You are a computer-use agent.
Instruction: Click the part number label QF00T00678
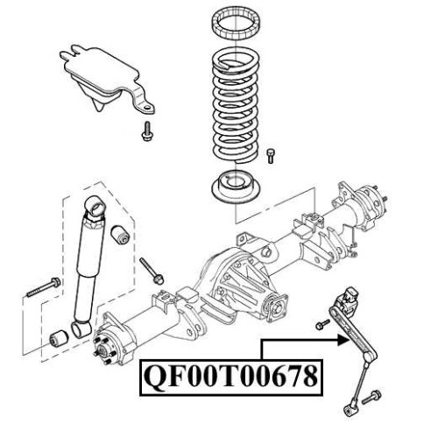[231, 378]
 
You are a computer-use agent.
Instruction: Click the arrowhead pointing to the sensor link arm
[343, 340]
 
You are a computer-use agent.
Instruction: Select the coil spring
[236, 108]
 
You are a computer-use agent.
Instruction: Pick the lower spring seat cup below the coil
[236, 187]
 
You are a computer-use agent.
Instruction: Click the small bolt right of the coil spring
[271, 156]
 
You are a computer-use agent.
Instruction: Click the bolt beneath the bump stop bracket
[148, 131]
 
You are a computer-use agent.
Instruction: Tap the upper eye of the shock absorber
[95, 207]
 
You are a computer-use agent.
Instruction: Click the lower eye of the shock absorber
[81, 328]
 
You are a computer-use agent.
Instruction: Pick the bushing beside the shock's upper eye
[120, 235]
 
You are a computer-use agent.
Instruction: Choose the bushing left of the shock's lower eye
[59, 340]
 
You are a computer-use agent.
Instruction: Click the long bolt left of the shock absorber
[44, 287]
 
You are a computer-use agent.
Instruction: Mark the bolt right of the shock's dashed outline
[152, 271]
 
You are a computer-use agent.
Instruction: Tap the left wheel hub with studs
[109, 344]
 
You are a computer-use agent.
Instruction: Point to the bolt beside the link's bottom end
[371, 397]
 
